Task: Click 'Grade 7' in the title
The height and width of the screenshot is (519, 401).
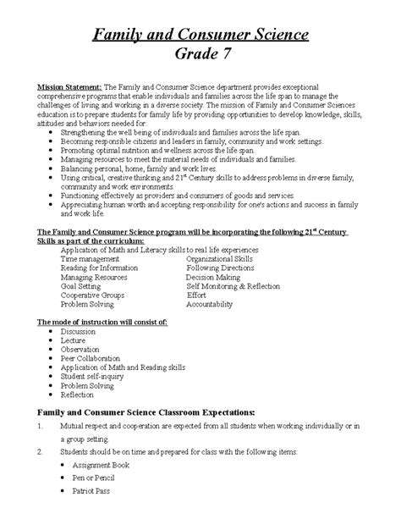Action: [200, 57]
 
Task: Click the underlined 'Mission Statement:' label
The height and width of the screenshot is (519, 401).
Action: [69, 89]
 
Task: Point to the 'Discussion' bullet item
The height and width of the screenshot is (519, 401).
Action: [80, 333]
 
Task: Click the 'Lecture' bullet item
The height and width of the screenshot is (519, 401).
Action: [74, 342]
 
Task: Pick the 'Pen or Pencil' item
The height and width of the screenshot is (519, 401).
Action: [92, 478]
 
